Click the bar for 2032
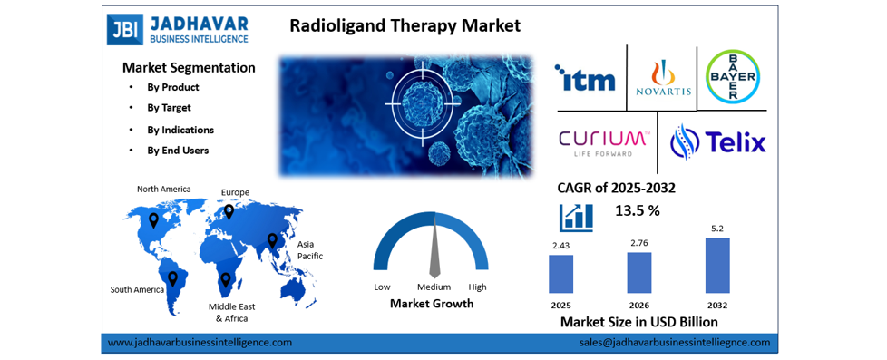point(716,265)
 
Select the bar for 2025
point(560,273)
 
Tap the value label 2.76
point(638,242)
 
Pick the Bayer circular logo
point(733,76)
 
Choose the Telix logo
point(717,142)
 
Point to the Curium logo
point(603,142)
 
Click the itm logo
point(585,78)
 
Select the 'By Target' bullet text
point(169,108)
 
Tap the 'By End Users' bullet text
point(178,151)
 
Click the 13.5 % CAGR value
point(638,211)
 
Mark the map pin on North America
point(153,220)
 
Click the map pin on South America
point(171,277)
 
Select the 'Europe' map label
point(235,192)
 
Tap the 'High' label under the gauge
point(477,287)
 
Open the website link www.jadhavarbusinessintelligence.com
point(200,343)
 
